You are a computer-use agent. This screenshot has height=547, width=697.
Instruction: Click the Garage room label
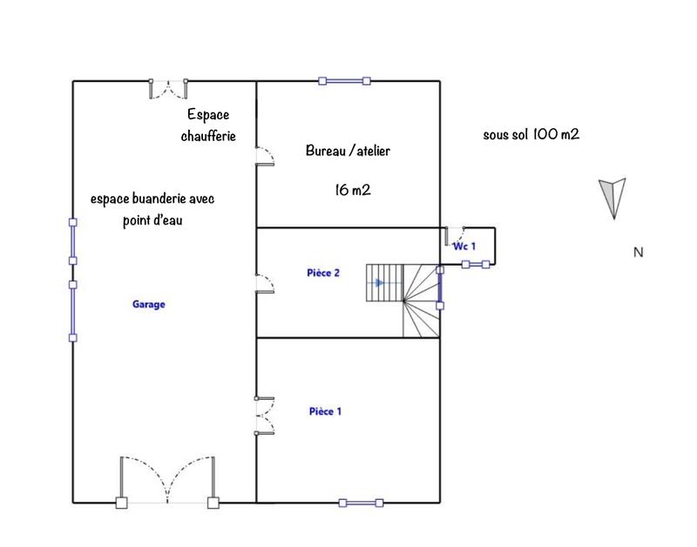[x=148, y=305]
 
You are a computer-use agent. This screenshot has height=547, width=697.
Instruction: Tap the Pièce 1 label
[x=325, y=410]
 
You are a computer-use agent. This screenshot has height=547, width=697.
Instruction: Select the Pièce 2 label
[x=322, y=273]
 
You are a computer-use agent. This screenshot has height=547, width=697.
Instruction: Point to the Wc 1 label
[x=464, y=246]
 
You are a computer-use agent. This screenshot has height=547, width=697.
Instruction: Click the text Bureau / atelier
[x=348, y=151]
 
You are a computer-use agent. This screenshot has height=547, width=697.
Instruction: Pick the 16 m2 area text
[x=353, y=190]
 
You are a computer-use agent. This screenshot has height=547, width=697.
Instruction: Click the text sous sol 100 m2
[x=531, y=135]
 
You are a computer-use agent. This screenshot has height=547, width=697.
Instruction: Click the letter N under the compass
[x=638, y=253]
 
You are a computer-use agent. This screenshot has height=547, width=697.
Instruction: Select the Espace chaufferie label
[x=209, y=125]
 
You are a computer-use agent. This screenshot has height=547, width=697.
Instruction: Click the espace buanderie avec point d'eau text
[x=152, y=209]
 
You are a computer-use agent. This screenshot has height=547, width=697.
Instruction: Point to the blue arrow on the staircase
[x=377, y=283]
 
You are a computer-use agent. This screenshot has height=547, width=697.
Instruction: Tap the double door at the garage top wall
[x=168, y=87]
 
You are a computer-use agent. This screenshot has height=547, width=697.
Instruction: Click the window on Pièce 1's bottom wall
[x=359, y=503]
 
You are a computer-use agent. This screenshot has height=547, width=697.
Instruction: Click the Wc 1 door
[x=455, y=236]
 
